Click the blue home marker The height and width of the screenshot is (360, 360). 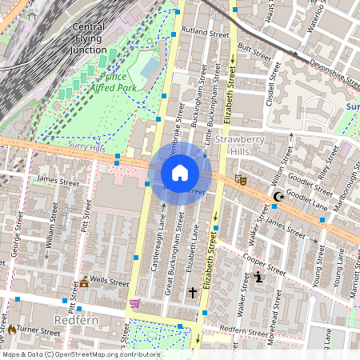point(180,173)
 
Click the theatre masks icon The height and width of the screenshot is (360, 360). point(240,181)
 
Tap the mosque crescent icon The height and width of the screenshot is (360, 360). point(278,197)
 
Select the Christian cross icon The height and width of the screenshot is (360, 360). point(192,294)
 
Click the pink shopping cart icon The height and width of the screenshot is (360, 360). point(134,304)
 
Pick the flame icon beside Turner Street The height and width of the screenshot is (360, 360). point(12,329)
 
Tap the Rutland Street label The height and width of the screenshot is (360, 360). point(200,34)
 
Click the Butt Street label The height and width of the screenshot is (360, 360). point(255,50)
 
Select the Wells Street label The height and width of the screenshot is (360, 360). point(110,282)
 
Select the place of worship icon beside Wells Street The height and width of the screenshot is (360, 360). point(83,282)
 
